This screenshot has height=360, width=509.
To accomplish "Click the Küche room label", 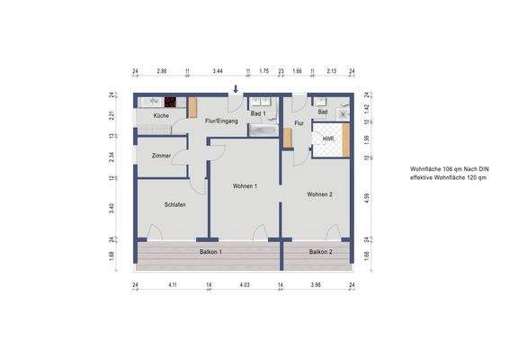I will [161, 116].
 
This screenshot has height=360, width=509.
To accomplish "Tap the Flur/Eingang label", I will [221, 121].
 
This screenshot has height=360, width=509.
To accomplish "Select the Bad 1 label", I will [256, 114].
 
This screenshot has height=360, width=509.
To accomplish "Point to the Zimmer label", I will [161, 156].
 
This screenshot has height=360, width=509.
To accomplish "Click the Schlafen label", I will [174, 205].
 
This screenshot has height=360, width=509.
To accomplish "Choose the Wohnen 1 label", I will [245, 185].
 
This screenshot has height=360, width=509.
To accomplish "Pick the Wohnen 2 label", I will [319, 194].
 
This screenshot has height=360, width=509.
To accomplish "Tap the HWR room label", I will [328, 139].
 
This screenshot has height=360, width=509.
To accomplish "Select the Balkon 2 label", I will [320, 252].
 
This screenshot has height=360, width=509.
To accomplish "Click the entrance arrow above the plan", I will [237, 88].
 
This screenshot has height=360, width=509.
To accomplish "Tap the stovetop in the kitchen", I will [168, 102].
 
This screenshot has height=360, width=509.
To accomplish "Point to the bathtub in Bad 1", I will [262, 130].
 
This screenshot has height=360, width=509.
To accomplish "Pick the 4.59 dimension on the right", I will [367, 196].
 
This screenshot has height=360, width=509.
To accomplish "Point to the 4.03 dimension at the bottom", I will [244, 285].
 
